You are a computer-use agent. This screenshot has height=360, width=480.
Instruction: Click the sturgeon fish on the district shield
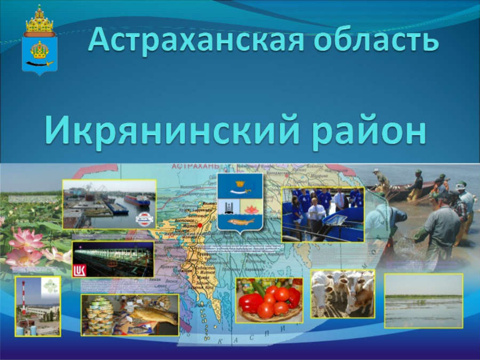[x=239, y=221]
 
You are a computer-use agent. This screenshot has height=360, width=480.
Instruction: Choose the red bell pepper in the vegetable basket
[x=250, y=302]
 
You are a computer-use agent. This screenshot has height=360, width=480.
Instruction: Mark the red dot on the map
[x=200, y=226]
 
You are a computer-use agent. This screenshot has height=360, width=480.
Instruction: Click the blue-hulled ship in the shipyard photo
[x=137, y=201]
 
